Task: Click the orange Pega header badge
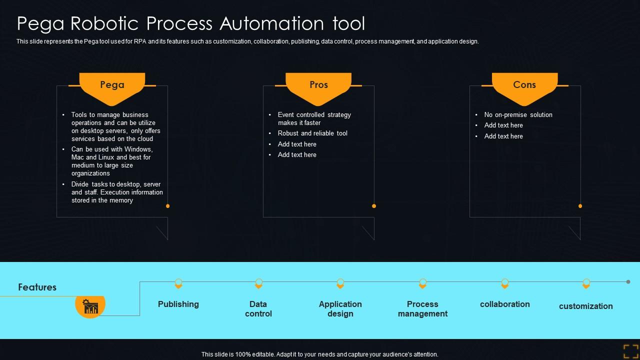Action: (x=112, y=86)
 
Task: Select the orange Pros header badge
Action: (x=318, y=86)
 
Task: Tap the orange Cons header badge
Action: (x=524, y=86)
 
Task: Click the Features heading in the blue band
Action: (x=37, y=287)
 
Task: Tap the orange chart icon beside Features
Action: (x=90, y=305)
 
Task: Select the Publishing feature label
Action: (x=178, y=304)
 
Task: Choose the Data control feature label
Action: (x=258, y=309)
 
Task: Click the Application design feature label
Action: (x=340, y=309)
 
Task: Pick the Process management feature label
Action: (x=422, y=309)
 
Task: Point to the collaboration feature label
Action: (x=505, y=304)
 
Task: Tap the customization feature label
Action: (x=586, y=306)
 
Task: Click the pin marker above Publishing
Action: (x=178, y=283)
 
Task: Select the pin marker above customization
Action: (x=586, y=283)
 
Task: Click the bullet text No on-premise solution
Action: (x=518, y=114)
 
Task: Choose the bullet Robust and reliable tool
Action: (x=312, y=133)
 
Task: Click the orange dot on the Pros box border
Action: (x=374, y=206)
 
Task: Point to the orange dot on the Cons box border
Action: (x=580, y=206)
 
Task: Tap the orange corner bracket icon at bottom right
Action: (x=630, y=351)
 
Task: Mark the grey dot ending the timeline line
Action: (x=628, y=282)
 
